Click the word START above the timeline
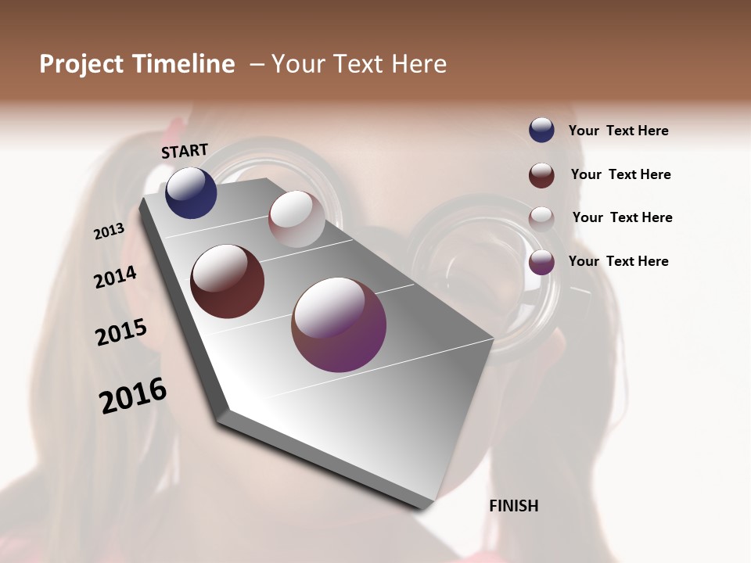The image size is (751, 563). click(x=185, y=151)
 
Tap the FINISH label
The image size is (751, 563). click(x=514, y=506)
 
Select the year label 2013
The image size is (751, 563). click(x=109, y=231)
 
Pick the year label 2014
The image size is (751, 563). click(x=115, y=278)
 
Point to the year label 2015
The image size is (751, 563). click(x=121, y=332)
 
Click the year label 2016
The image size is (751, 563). click(x=133, y=396)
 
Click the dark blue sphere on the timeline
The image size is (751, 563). click(x=191, y=192)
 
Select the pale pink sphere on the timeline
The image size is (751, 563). click(x=296, y=219)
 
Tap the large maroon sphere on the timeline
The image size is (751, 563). click(x=228, y=281)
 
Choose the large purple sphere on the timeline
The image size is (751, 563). click(x=339, y=325)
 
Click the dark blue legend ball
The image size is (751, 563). click(x=541, y=131)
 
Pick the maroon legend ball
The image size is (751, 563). click(x=541, y=175)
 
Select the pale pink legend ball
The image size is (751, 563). click(x=541, y=218)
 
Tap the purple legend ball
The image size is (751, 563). click(x=541, y=262)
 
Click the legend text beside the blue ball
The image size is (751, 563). click(x=619, y=131)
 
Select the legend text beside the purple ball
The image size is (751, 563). click(x=619, y=261)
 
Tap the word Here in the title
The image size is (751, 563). click(x=419, y=64)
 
